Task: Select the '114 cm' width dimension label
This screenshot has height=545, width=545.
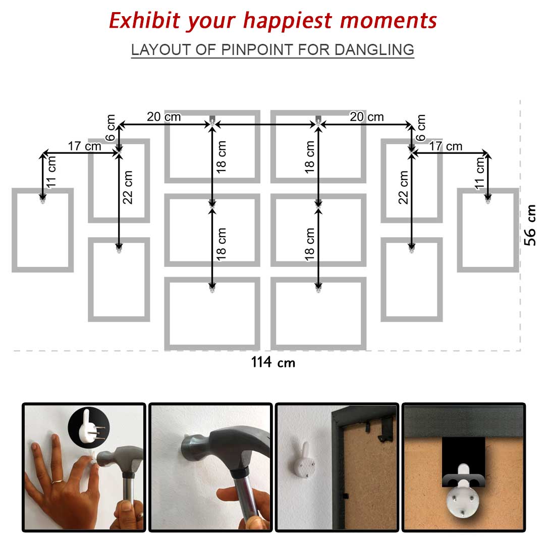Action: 273,362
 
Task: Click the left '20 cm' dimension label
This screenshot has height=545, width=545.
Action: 163,117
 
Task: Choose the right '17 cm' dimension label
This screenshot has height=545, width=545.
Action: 446,146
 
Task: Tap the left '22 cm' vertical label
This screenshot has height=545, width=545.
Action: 128,187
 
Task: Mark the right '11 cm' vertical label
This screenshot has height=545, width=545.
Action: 480,173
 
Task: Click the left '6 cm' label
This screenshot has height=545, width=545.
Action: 110,128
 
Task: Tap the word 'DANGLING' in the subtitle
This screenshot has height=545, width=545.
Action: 374,49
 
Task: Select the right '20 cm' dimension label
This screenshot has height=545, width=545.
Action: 367,117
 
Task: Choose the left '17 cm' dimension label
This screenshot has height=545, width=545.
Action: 84,146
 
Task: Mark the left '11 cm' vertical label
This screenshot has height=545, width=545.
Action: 51,172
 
